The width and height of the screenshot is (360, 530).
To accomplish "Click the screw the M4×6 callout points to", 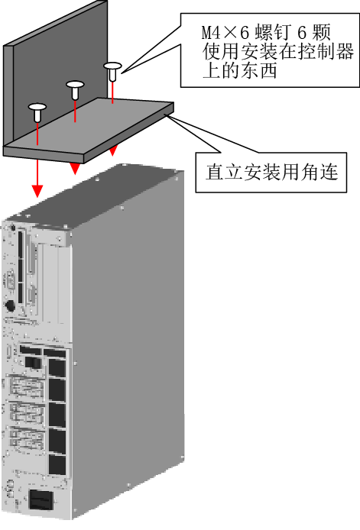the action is [112, 71].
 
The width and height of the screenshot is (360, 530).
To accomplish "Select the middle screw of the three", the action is [75, 89].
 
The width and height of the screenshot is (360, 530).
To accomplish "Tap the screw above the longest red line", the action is [37, 112].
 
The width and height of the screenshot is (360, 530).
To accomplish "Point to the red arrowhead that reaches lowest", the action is [37, 192].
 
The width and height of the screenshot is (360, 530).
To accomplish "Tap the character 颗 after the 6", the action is [321, 33].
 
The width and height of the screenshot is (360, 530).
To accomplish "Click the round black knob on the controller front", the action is [10, 306].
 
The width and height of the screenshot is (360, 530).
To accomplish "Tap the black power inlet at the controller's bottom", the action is [41, 499].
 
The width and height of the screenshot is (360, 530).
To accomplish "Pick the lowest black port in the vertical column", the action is [57, 464].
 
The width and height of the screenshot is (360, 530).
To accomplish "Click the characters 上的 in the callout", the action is [221, 71].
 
